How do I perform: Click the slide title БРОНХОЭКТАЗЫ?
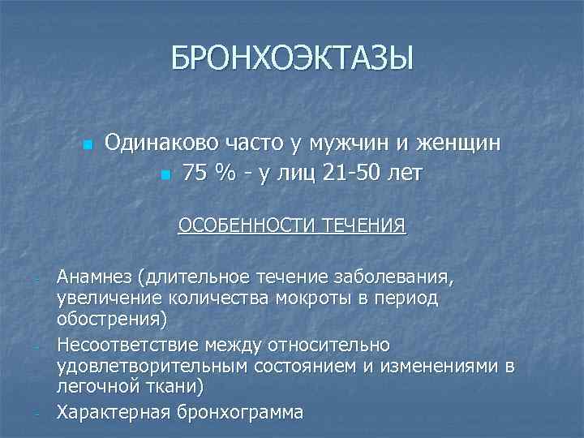pos(292,58)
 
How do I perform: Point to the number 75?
pos(194,173)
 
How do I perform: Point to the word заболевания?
pos(403,278)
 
